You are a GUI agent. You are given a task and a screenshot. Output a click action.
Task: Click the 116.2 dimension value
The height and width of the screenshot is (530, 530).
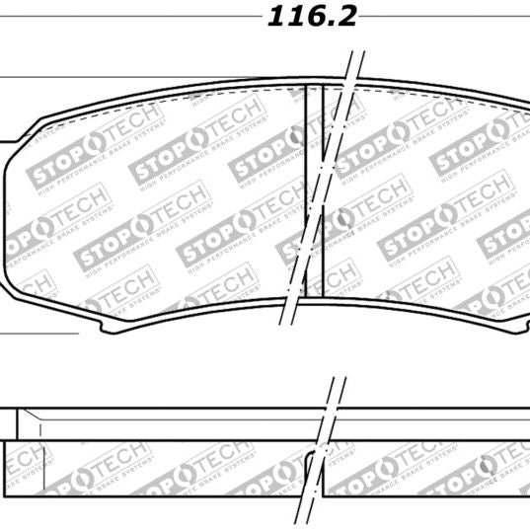(310, 18)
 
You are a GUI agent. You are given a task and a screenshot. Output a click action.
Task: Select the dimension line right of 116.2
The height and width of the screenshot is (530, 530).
(444, 18)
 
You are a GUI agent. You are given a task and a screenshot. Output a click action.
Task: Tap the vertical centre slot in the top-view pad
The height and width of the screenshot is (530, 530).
(315, 188)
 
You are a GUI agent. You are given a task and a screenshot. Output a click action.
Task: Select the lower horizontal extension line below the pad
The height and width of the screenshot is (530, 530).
(39, 333)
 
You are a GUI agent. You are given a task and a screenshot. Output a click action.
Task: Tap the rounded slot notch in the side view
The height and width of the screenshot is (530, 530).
(315, 460)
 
